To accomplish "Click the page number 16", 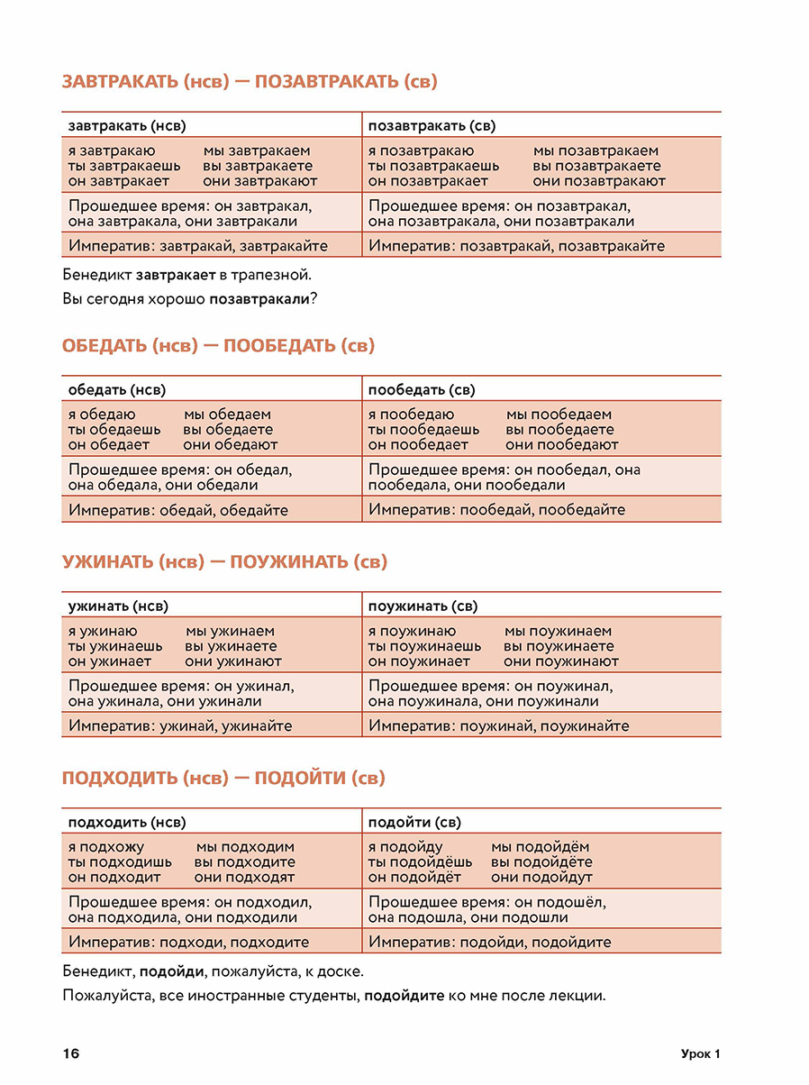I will click(x=71, y=1054).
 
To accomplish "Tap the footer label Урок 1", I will click(x=701, y=1054).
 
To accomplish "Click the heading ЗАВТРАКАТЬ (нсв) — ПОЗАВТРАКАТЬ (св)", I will click(x=250, y=82).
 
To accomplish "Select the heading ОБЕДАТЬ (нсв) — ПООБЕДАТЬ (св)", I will click(x=218, y=346).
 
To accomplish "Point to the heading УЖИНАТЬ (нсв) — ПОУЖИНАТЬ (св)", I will click(x=224, y=562).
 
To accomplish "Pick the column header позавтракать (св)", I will click(x=432, y=126).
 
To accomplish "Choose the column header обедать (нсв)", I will click(x=116, y=390).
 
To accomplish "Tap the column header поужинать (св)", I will click(x=423, y=606).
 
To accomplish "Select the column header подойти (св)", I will click(x=414, y=823).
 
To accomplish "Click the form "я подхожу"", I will click(x=105, y=847).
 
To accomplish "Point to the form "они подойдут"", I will click(x=542, y=877).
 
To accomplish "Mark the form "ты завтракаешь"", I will click(x=124, y=166).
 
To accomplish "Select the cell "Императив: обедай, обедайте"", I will click(x=178, y=510).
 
